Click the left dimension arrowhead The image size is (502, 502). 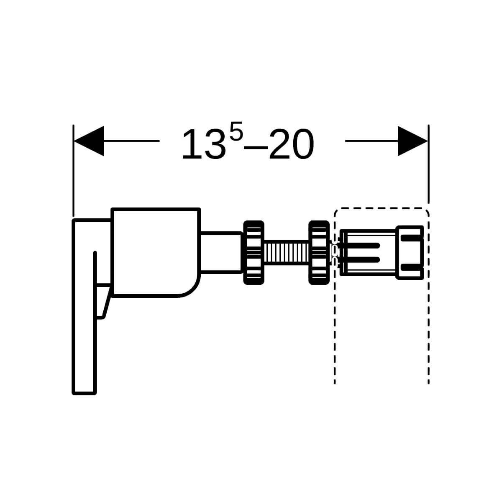pos(89,141)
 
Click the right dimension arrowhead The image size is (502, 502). pos(412,141)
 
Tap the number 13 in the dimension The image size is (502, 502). pos(204,144)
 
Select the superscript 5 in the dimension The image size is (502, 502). pos(236,131)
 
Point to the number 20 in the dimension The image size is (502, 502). pos(291,144)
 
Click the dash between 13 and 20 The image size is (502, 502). pos(256,147)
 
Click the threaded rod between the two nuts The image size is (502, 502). pos(286,252)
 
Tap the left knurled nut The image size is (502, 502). pos(254,252)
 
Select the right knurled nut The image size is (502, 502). pos(319,252)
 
